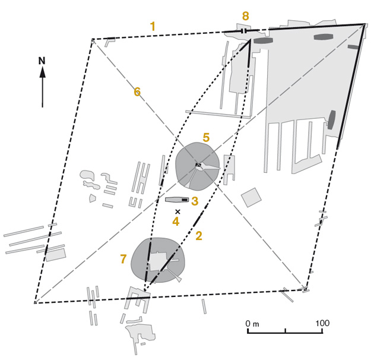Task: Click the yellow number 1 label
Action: (153, 26)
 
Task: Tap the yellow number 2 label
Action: (199, 236)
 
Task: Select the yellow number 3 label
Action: (195, 201)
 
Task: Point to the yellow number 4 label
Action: (176, 222)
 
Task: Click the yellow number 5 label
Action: (206, 137)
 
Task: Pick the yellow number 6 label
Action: (137, 92)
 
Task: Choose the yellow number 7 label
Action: (123, 258)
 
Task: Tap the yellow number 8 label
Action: (245, 16)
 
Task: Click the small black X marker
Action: (178, 211)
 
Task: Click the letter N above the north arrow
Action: (42, 61)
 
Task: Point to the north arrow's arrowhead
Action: (43, 72)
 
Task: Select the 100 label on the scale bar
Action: (322, 323)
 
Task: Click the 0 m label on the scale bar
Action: (252, 324)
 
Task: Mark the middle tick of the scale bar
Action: (286, 331)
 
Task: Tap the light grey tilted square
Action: (251, 197)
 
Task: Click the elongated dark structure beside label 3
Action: (178, 200)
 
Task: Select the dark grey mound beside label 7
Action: (159, 260)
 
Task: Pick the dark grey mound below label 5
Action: (198, 166)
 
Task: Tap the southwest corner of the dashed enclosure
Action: (35, 303)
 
